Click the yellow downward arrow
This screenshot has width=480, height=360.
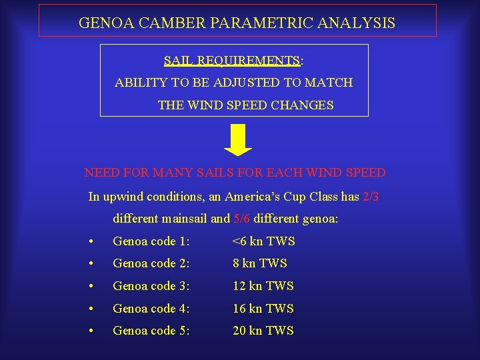point(237,139)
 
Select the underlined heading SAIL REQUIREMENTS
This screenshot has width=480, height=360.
point(232,61)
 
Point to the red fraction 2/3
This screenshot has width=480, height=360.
point(371,197)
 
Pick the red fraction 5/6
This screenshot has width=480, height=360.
point(241,218)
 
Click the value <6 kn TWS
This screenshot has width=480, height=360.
point(263,241)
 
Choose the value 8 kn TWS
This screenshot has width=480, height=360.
point(259,263)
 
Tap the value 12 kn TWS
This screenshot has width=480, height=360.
point(263,286)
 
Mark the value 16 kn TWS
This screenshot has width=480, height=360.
point(263,309)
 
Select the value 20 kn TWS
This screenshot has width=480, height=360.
point(263,331)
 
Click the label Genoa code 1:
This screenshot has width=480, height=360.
point(151,241)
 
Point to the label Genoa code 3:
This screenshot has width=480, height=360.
point(151,286)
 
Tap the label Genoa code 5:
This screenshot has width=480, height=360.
point(151,331)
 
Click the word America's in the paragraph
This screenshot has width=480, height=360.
point(253,197)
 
